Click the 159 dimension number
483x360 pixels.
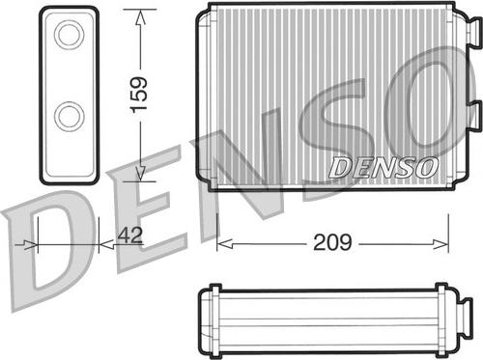pos(139,96)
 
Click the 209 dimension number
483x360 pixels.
pos(332,242)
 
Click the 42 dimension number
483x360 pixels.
pos(129,235)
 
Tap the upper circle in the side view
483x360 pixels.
pos(70,35)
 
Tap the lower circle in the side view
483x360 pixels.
pos(70,116)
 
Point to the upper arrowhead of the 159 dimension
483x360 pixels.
pos(140,17)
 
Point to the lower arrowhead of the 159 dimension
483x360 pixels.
pos(140,174)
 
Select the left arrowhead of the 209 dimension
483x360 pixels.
pos(225,244)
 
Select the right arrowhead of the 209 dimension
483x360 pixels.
pos(440,244)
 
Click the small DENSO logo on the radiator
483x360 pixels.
pos(384,167)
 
